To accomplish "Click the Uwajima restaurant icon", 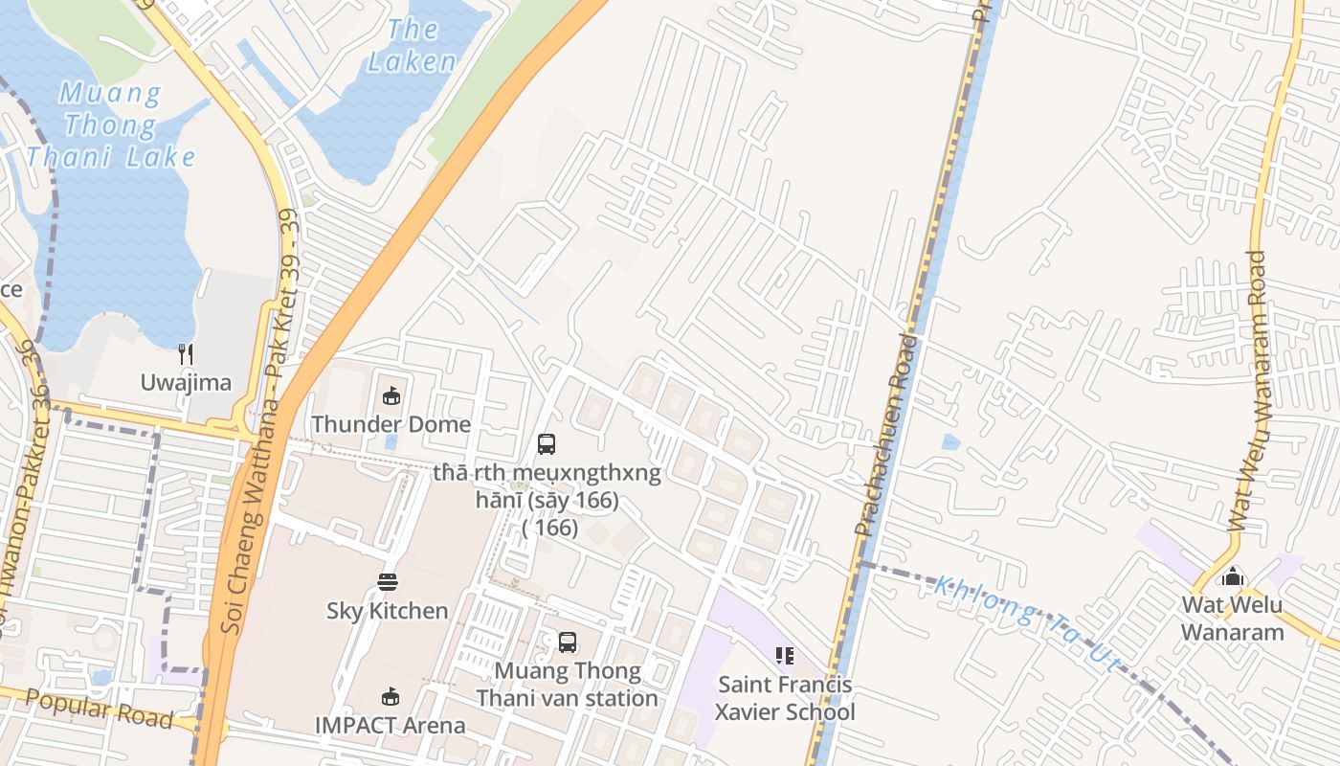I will (x=187, y=354).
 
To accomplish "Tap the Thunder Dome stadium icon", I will (x=391, y=395).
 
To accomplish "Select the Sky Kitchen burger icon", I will (x=388, y=581).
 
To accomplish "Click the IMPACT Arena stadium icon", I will (x=390, y=696).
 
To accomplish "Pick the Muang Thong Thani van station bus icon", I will (x=568, y=642).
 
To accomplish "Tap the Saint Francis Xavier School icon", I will (x=785, y=656).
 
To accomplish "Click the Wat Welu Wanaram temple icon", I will (x=1233, y=575).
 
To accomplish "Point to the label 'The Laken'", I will (x=412, y=45).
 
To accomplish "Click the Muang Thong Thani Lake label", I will (x=111, y=125).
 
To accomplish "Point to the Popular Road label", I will (x=99, y=709).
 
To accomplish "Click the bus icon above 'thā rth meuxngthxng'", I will (x=547, y=443).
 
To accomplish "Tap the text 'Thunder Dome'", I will (x=391, y=424).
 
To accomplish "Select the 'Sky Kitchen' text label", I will (x=388, y=610).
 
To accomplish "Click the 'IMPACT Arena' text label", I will (x=391, y=725).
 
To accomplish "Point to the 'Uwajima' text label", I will (x=186, y=383).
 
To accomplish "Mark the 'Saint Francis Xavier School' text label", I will (x=786, y=698).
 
